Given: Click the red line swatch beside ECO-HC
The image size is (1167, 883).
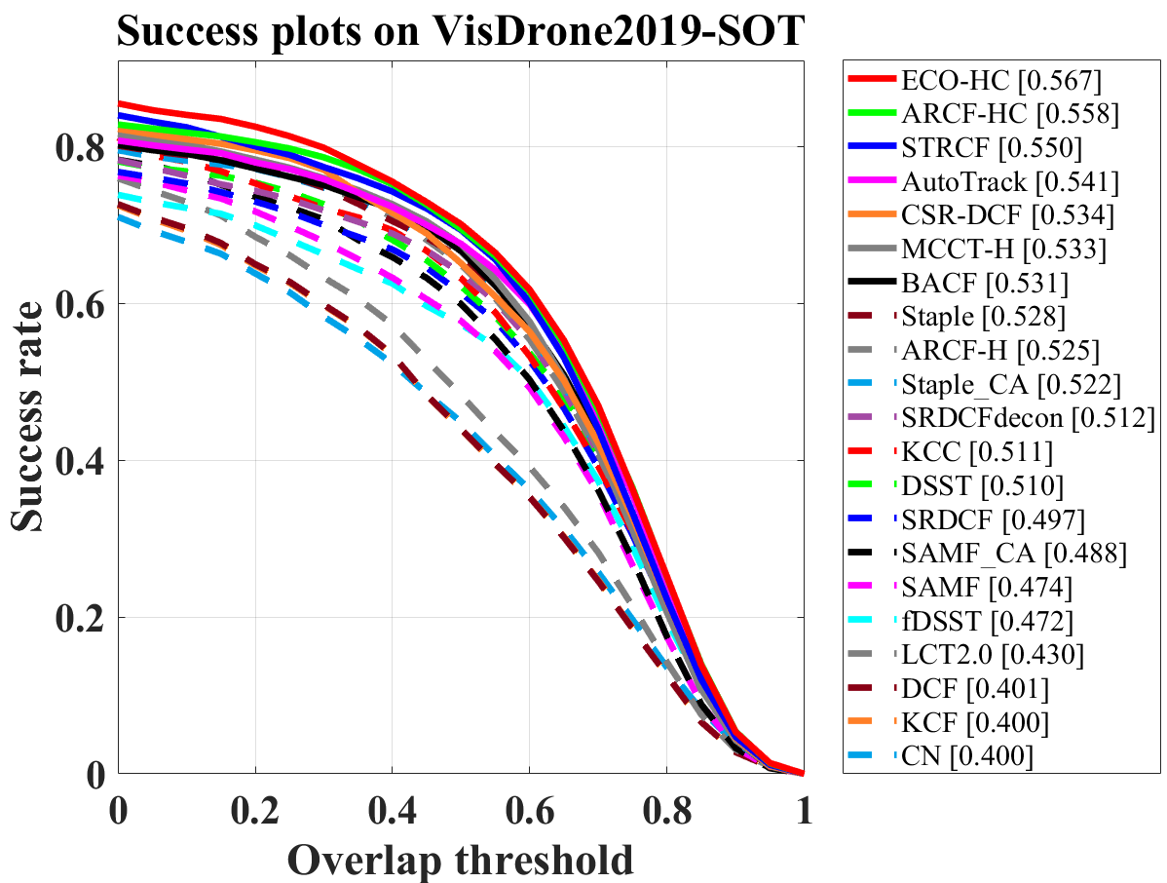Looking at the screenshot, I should [x=871, y=79].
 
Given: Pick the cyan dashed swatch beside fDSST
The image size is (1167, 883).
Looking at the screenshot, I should [x=871, y=621].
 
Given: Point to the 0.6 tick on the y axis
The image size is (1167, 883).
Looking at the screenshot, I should [x=81, y=304].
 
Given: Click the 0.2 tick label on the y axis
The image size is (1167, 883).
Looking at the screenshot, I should [x=81, y=618].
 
